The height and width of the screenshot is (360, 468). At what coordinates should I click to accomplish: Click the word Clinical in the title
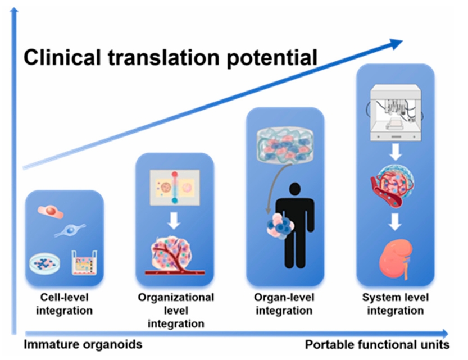tap(62, 57)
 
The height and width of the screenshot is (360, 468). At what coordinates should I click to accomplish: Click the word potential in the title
tap(272, 59)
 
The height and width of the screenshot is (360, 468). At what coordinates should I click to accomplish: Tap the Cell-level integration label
tap(65, 304)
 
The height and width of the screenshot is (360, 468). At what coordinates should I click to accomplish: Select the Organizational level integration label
tap(176, 311)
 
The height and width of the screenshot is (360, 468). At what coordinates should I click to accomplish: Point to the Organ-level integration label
tap(284, 304)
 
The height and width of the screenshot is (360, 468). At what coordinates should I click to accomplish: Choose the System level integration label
tap(396, 304)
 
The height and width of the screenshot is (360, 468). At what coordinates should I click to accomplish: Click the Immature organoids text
tap(83, 344)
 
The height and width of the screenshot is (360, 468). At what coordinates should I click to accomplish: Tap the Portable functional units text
tap(378, 345)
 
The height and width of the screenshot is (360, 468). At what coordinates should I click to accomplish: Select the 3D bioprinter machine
tap(396, 113)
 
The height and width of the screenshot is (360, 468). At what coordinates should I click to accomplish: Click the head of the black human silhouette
tap(295, 189)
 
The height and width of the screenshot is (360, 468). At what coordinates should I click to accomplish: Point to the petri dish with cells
tap(44, 263)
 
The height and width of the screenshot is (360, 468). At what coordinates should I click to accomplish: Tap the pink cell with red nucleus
tap(51, 211)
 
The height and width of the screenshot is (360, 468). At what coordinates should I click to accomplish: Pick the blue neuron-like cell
tap(70, 230)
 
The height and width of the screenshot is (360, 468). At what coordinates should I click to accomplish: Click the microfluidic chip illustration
tap(175, 188)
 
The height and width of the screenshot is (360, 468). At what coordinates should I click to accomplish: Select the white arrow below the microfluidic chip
tap(174, 220)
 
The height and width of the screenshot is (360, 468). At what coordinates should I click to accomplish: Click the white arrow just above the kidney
tap(395, 222)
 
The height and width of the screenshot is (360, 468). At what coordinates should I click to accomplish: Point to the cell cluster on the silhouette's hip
tap(280, 226)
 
